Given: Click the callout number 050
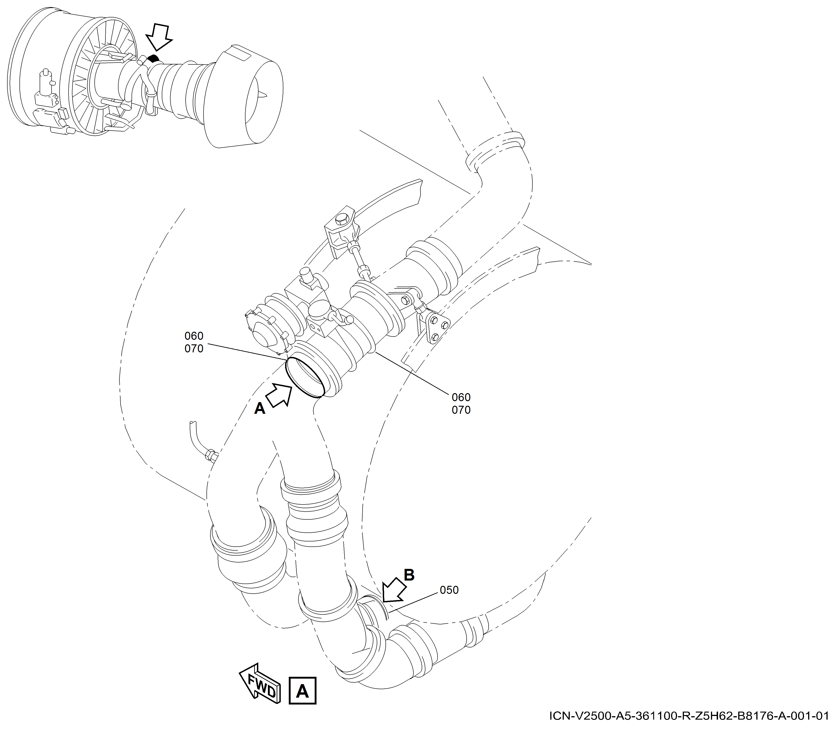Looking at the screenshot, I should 449,590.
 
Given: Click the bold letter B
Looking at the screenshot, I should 409,575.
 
